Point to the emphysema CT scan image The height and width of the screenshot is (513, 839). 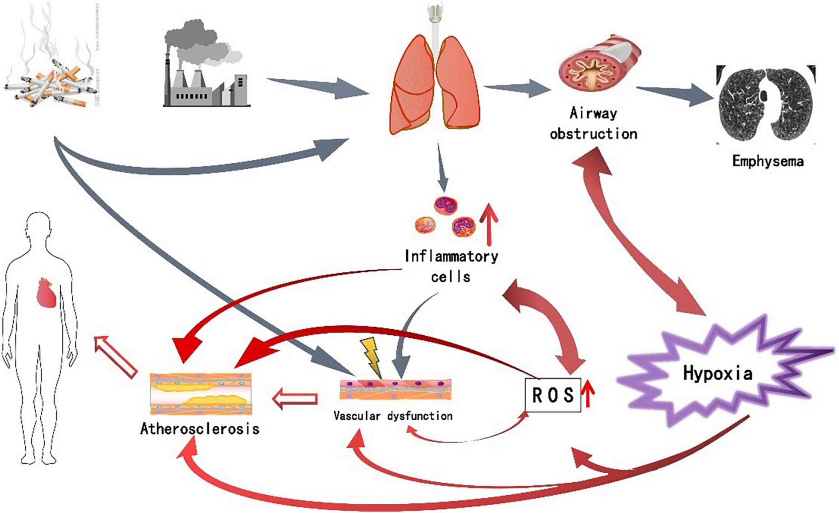766,106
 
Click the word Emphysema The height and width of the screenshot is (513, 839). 768,161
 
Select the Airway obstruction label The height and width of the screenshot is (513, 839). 594,123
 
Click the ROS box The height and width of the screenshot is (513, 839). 553,395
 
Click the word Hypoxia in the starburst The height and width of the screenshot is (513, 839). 717,374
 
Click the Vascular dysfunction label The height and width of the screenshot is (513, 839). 393,416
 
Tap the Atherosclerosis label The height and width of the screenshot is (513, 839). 200,429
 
